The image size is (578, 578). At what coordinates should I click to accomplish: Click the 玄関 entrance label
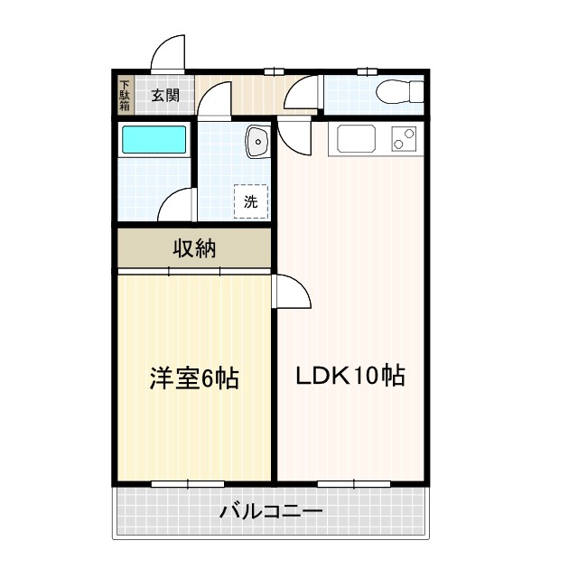(165, 95)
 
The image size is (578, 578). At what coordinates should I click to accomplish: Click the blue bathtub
(154, 140)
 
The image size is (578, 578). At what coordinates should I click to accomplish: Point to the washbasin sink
(257, 141)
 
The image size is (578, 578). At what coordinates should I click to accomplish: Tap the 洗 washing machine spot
(251, 201)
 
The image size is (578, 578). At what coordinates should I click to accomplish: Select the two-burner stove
(404, 139)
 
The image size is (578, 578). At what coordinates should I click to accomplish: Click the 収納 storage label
(194, 249)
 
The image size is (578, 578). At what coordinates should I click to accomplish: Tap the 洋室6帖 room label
(194, 378)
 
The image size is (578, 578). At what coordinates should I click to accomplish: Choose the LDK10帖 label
(350, 375)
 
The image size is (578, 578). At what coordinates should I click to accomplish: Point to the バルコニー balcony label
(271, 513)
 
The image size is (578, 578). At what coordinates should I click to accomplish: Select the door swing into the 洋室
(291, 291)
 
